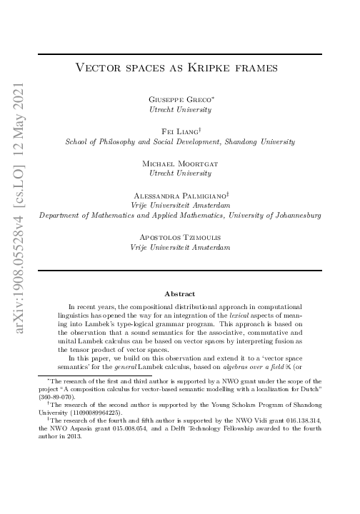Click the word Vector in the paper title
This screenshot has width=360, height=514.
(98, 69)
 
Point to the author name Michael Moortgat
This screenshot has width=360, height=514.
(179, 163)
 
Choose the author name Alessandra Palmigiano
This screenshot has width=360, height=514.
(179, 194)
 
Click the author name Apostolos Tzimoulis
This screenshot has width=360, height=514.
(179, 236)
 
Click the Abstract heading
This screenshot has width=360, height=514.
(179, 293)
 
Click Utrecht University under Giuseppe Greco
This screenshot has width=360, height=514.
(179, 111)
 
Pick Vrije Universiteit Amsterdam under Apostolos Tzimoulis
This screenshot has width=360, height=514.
(179, 246)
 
